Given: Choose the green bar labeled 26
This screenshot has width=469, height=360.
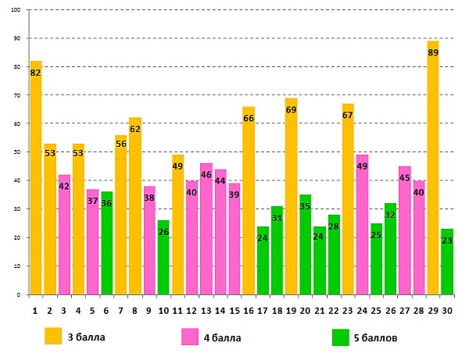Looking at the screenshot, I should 163,258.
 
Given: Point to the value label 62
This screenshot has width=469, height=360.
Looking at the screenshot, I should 134,130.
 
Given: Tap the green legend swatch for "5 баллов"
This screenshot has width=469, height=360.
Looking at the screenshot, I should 339,337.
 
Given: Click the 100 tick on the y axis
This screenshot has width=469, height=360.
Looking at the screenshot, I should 16,10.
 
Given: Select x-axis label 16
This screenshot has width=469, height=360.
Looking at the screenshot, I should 249,310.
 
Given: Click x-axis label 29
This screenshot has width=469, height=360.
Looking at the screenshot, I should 432,310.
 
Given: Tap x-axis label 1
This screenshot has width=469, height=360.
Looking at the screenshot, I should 35,310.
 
